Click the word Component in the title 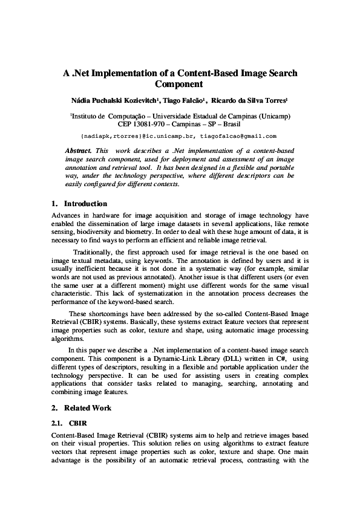pos(180,84)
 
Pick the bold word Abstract pos(79,149)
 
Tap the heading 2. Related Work pos(81,408)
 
